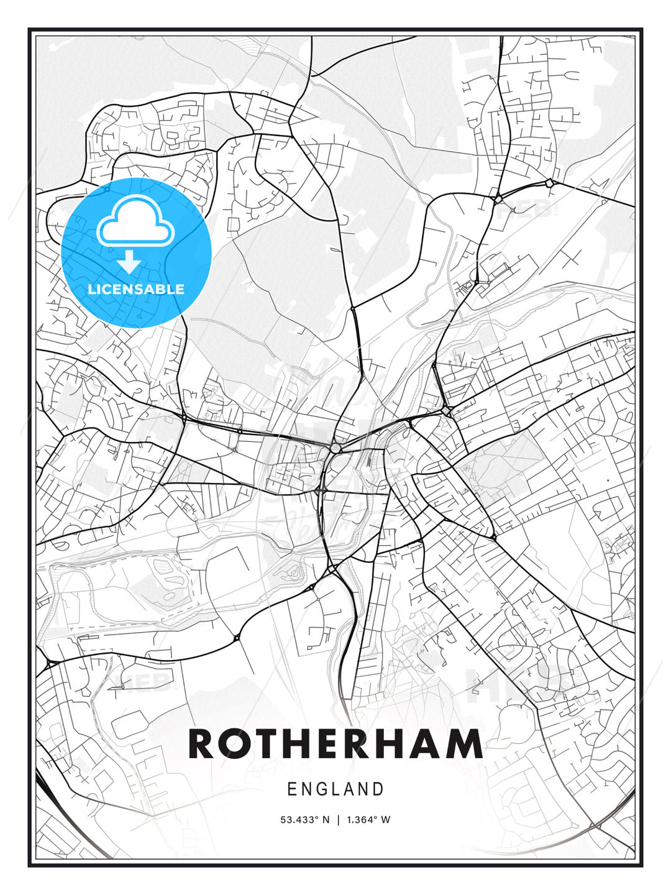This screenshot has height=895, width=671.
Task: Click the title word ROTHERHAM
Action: pos(335,744)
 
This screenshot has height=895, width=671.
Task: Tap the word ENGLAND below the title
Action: pos(335,789)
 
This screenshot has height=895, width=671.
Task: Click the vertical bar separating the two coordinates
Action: pos(337,820)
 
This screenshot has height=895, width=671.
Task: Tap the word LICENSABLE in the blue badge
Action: pos(136,289)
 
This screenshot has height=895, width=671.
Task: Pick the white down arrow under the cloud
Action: pos(129,262)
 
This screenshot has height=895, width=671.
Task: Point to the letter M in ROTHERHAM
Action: pos(462,744)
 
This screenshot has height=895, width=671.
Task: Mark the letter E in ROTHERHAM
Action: pos(332,744)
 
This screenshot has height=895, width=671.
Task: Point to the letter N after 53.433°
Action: pos(325,820)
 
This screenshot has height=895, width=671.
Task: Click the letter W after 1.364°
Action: pos(386,820)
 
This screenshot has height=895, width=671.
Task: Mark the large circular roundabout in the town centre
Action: pos(335,447)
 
